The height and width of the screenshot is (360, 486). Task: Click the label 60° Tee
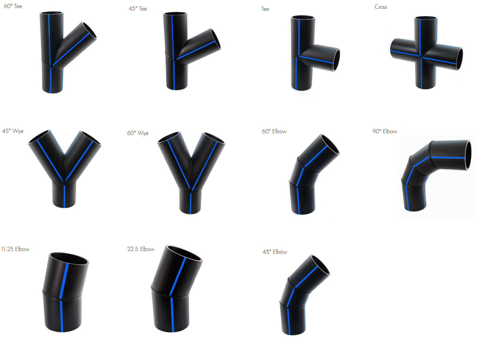click(13, 6)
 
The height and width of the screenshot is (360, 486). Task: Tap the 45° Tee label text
click(138, 8)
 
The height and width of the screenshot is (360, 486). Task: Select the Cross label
click(381, 7)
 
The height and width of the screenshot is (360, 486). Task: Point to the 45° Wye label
click(13, 131)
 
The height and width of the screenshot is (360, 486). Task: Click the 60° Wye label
click(138, 133)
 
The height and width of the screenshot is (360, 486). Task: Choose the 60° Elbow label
click(274, 131)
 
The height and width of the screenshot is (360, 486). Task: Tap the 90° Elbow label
click(385, 131)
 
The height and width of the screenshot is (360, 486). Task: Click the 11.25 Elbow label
click(15, 249)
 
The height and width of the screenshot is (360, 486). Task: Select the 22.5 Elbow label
click(141, 249)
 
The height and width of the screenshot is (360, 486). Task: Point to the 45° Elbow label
click(275, 252)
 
